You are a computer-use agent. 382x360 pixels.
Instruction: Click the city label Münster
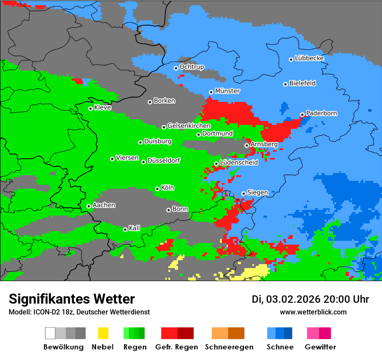227,91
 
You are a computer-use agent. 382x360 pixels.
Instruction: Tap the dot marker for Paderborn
302,115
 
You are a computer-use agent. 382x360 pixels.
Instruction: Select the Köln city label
168,188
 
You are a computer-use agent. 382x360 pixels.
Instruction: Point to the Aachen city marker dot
89,206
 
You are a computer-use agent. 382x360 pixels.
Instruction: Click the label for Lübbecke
310,58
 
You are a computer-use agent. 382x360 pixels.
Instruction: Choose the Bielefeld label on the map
303,83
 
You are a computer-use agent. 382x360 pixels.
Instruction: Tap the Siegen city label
258,193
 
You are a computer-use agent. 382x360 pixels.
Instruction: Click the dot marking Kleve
90,108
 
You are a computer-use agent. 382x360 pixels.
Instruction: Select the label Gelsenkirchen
189,126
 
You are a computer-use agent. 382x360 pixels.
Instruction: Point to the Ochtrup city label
192,67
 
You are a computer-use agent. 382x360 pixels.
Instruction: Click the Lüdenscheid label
239,163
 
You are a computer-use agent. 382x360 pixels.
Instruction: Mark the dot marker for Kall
125,229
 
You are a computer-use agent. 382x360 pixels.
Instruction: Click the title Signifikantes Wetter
72,299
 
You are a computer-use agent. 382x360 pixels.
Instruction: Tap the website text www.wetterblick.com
313,312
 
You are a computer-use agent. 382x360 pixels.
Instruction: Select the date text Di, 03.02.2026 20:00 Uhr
310,299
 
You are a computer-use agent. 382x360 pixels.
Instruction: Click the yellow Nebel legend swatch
103,333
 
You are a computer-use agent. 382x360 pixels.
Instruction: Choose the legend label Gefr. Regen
177,347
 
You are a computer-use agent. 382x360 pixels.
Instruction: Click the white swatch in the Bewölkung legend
50,333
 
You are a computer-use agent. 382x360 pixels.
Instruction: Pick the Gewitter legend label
320,347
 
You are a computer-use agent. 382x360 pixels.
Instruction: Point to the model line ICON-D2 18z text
79,312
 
